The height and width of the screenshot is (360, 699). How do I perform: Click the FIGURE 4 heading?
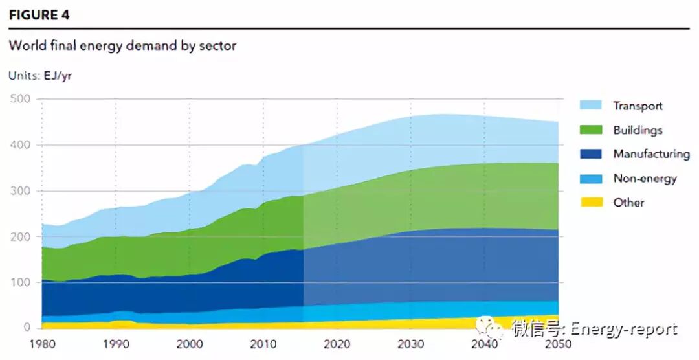(x=39, y=15)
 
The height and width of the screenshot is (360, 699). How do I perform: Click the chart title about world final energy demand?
(x=122, y=46)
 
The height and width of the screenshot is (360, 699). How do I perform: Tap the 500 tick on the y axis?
(x=21, y=99)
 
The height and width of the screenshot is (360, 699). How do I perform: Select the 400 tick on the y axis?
(x=21, y=145)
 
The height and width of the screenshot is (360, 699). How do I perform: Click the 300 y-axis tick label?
(x=21, y=191)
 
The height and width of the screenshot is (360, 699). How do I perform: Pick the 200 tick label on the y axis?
(x=21, y=237)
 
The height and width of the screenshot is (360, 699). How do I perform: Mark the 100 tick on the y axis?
(x=21, y=283)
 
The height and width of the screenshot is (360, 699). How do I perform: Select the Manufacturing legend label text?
(x=651, y=154)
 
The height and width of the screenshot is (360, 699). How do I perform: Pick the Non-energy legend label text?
(x=645, y=178)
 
